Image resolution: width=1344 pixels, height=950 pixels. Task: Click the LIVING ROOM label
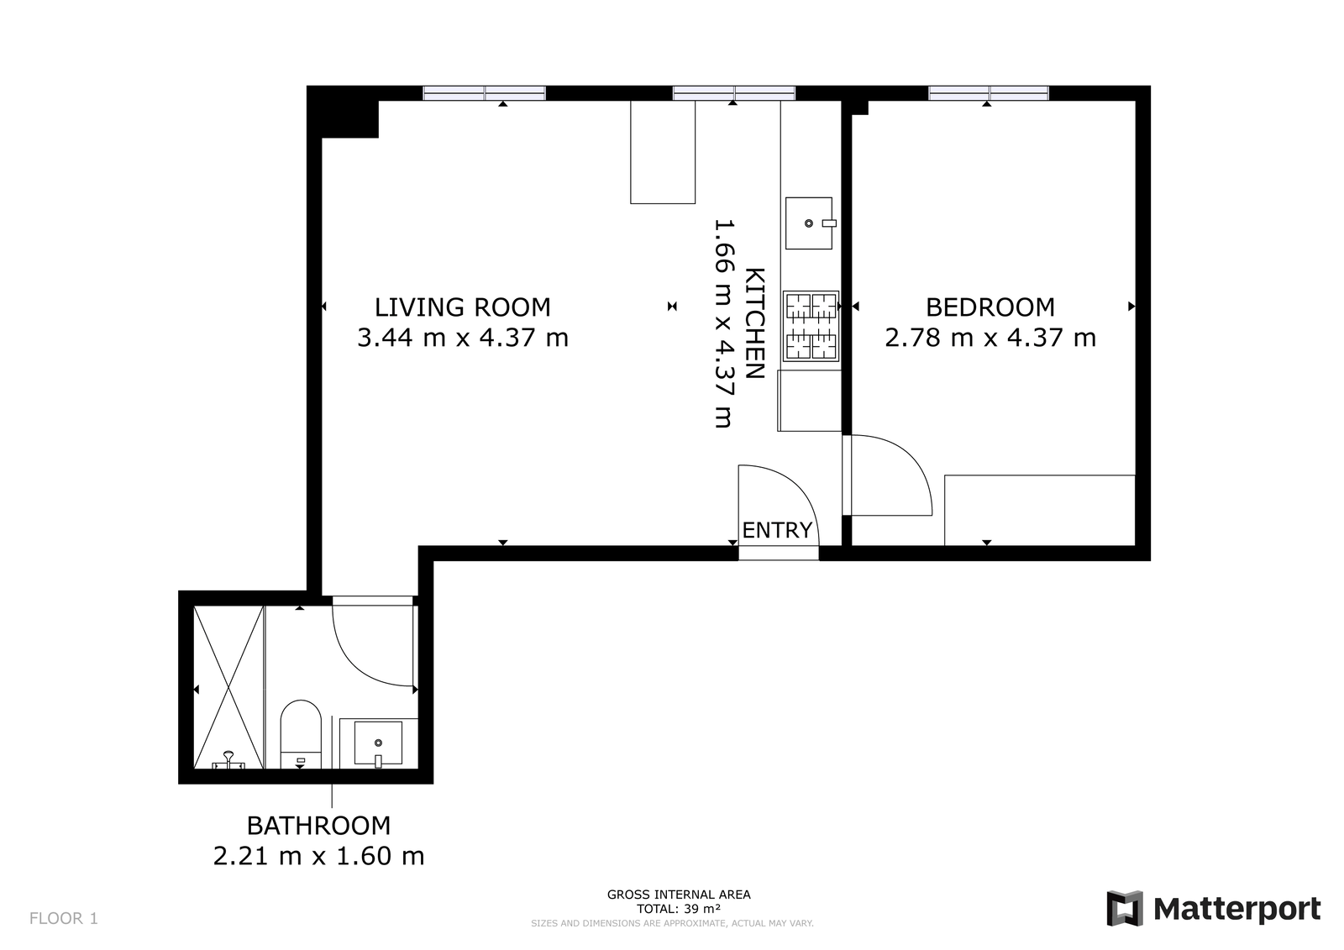coord(463,307)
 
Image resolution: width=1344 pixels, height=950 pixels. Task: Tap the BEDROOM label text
coord(990,307)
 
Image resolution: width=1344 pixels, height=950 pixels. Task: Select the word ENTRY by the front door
coord(777,530)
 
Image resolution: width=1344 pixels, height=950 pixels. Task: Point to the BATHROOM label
coord(318,826)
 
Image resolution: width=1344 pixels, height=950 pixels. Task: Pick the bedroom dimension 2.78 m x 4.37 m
coord(990,338)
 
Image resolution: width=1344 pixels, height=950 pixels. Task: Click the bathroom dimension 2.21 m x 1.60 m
coord(318,856)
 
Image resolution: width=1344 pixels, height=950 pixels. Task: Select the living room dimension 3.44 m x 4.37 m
coord(463,338)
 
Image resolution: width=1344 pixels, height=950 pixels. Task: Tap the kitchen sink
coord(810,223)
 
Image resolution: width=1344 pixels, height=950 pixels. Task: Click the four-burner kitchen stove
coord(811,327)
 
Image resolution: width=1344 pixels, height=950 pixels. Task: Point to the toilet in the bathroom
coord(301,734)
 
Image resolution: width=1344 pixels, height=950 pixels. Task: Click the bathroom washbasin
coord(378,743)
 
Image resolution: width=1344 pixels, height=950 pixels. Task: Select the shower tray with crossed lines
coord(228,687)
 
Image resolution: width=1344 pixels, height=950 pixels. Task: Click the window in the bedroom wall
coord(989,93)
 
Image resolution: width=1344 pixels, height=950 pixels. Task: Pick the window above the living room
coord(484,93)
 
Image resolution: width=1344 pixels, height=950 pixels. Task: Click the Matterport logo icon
coord(1125,908)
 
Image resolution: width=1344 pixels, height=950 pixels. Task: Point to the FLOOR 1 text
coord(64,918)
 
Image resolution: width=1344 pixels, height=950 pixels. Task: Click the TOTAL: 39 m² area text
coord(679,909)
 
